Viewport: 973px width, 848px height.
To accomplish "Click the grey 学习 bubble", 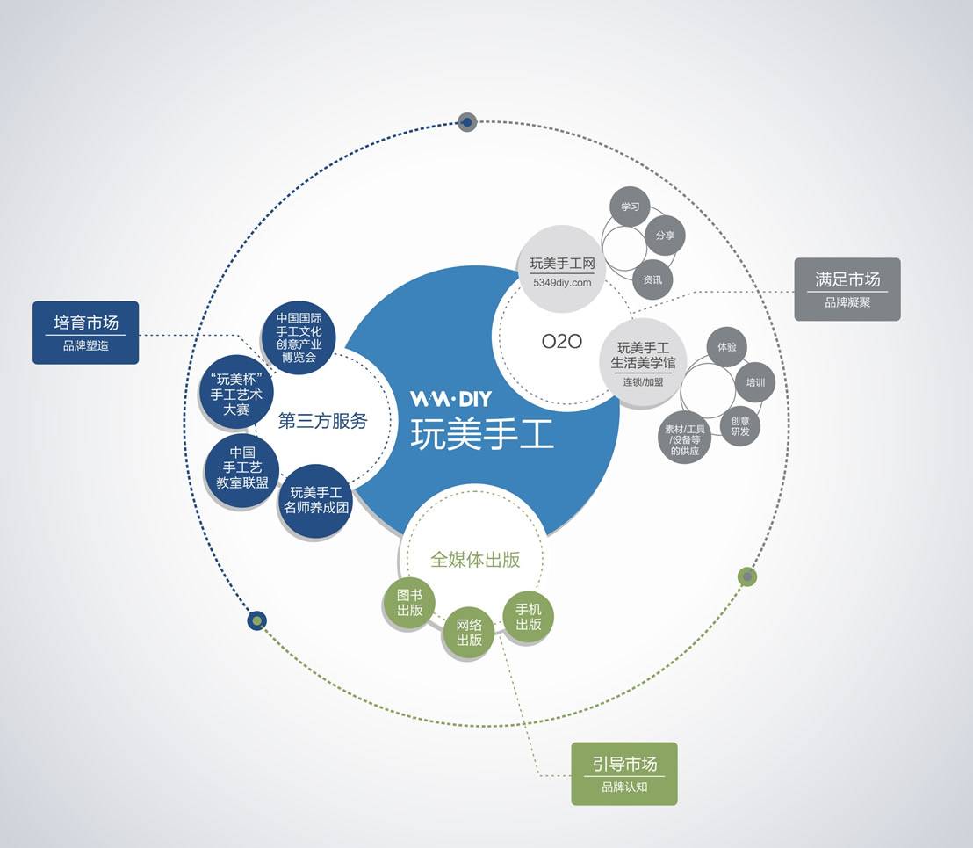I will coord(630,207).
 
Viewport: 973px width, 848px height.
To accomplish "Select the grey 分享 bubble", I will coord(665,236).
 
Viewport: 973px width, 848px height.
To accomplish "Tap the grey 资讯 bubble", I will coord(652,279).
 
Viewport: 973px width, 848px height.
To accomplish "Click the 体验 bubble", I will coord(726,347).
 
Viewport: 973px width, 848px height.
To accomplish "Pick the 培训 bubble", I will coord(755,382).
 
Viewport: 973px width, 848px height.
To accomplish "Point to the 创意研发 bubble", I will coord(739,425).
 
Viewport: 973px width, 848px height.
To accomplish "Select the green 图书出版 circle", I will coord(409,603).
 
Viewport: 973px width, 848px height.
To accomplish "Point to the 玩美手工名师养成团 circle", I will coord(315,500).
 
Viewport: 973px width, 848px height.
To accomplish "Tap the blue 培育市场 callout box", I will coord(86,332).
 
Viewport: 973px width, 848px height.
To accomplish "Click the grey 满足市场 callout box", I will coord(847,288).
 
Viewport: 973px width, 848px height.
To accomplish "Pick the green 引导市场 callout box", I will coord(624,773).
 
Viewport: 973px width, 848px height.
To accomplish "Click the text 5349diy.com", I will coord(562,283).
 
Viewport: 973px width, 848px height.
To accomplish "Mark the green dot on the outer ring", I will coord(747,576).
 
